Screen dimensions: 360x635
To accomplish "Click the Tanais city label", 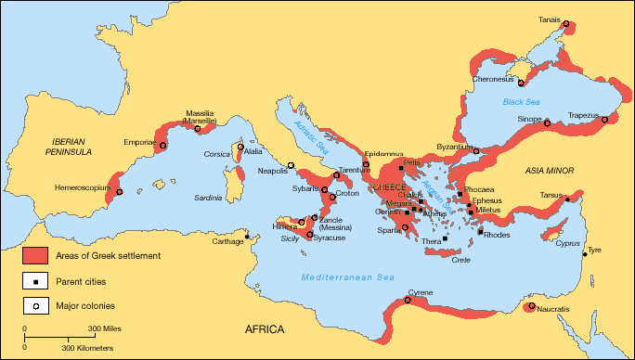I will pyautogui.click(x=550, y=19).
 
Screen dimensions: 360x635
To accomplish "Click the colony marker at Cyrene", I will pyautogui.click(x=408, y=300).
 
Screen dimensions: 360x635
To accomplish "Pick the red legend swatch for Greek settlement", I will pyautogui.click(x=35, y=255).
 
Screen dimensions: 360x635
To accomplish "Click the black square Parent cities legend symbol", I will pyautogui.click(x=35, y=279).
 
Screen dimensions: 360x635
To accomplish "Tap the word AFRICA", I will pyautogui.click(x=266, y=329).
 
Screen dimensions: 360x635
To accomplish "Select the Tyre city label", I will pyautogui.click(x=594, y=250).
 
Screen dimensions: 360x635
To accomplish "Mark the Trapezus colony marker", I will pyautogui.click(x=604, y=120).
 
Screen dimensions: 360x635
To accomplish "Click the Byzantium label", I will pyautogui.click(x=457, y=147).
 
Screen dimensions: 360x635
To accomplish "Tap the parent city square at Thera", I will pyautogui.click(x=445, y=238).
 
